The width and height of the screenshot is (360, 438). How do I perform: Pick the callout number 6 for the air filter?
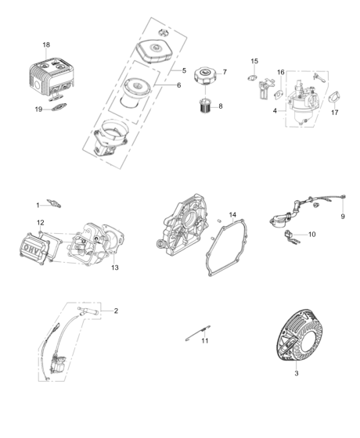pos(178,85)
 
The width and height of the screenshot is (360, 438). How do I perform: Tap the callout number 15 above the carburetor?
pos(254,61)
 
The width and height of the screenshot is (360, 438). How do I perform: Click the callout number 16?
pos(280,73)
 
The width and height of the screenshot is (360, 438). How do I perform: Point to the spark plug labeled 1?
pos(55,205)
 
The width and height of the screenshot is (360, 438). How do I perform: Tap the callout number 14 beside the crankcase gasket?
pos(232,214)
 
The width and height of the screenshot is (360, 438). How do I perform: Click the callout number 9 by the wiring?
pos(342,216)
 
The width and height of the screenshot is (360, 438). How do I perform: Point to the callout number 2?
pos(116,311)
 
